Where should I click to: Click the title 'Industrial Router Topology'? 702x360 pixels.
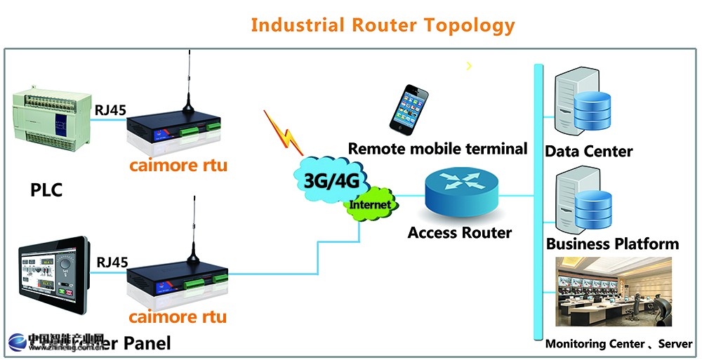coord(383,25)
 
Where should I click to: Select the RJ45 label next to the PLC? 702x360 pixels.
coord(111,108)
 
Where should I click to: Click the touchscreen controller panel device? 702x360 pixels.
coord(52,281)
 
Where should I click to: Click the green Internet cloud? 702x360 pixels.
coord(370,204)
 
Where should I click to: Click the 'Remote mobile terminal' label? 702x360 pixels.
coord(437,149)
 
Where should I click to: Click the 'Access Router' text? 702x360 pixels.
coord(460,232)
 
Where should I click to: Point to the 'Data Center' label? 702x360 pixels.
coord(589,151)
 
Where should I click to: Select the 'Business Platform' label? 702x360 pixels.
coord(612,244)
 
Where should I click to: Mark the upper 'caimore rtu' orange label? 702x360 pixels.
coord(178,167)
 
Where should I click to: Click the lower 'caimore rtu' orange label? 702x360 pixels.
coord(178,316)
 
